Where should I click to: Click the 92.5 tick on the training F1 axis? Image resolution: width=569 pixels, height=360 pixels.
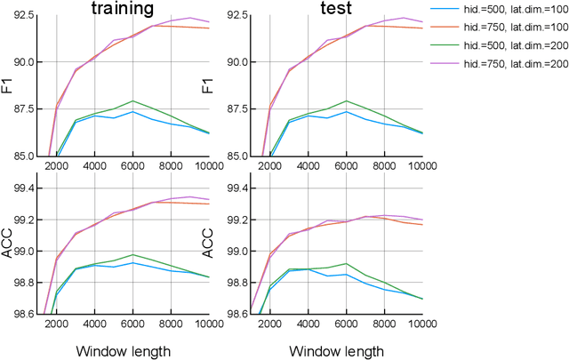23,16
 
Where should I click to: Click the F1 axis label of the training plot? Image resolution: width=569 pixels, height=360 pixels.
7,86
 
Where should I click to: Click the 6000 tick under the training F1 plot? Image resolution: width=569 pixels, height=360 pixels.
132,165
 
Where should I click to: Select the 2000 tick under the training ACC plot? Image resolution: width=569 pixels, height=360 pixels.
55,324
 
